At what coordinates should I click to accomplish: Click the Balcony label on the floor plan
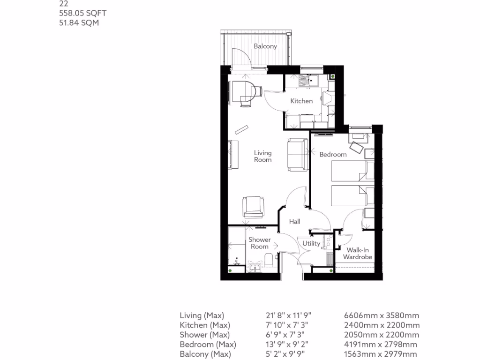tap(265, 46)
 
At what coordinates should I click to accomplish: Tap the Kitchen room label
tap(301, 101)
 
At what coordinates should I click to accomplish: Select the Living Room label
tap(262, 156)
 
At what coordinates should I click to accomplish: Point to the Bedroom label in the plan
tap(333, 154)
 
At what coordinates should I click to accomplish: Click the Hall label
tap(294, 222)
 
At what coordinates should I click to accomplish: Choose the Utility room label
tap(311, 243)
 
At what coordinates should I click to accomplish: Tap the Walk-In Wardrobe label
tap(357, 254)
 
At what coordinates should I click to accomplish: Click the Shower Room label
tap(259, 243)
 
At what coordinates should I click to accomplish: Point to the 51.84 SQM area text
tap(79, 22)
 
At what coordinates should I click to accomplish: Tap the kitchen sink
tap(307, 80)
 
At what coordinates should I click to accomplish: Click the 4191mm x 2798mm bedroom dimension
tap(382, 345)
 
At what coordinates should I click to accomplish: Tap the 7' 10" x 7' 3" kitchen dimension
tap(288, 325)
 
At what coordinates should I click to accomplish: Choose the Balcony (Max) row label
tap(202, 354)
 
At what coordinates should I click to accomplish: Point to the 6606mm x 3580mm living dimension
tap(382, 315)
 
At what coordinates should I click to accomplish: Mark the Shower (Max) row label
tap(204, 335)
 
